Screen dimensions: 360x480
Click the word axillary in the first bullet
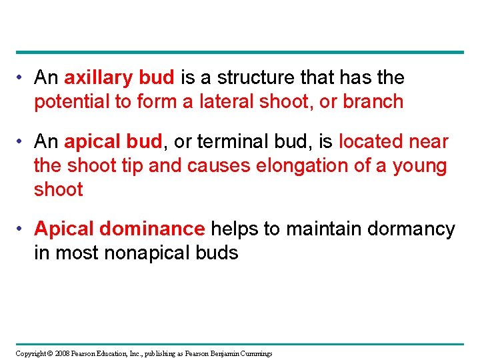tap(99, 78)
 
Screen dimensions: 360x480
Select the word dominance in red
tap(153, 229)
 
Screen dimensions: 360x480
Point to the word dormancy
tap(411, 229)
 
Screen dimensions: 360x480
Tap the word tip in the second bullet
tap(132, 166)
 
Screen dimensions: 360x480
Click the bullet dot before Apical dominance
tap(21, 229)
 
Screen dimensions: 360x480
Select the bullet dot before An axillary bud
tap(21, 78)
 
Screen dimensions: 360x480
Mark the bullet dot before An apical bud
tap(21, 142)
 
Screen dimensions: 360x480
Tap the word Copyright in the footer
tap(31, 353)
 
